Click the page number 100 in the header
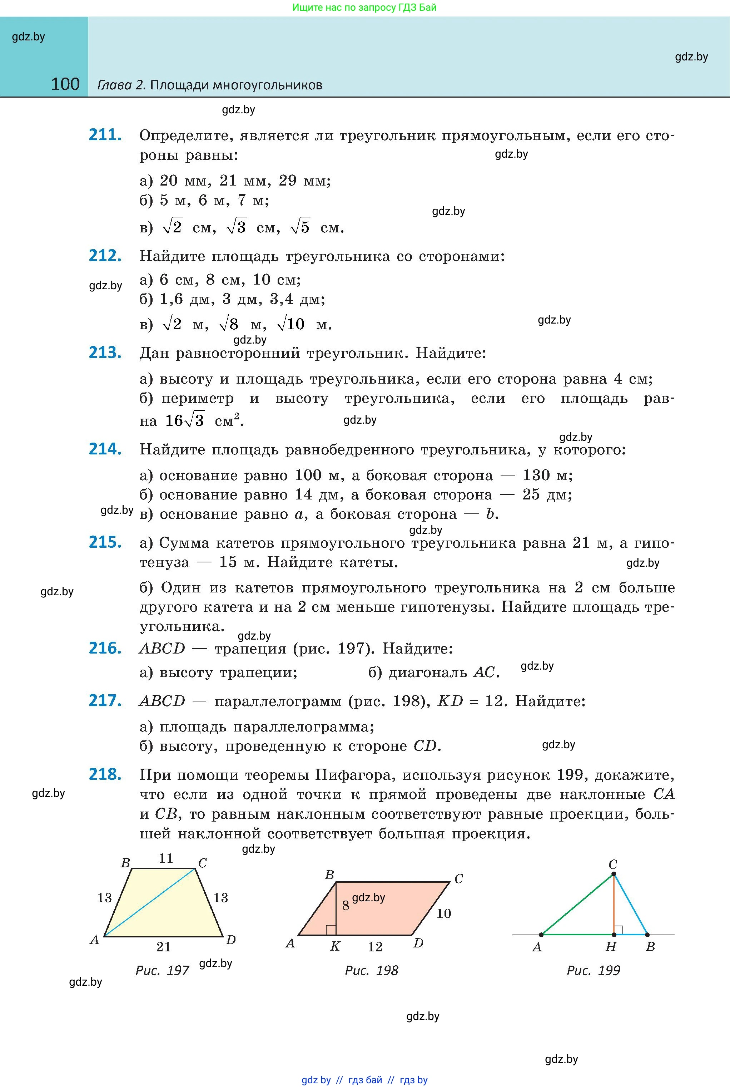[65, 84]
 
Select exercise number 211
[105, 135]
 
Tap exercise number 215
[105, 542]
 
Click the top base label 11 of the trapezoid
[166, 858]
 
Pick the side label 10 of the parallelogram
[444, 913]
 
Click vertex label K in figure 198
[335, 946]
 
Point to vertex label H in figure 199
[610, 946]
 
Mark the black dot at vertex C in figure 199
[613, 874]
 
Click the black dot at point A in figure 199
[541, 934]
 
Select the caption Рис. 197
[162, 970]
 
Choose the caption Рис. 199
[593, 970]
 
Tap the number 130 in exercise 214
[536, 475]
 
